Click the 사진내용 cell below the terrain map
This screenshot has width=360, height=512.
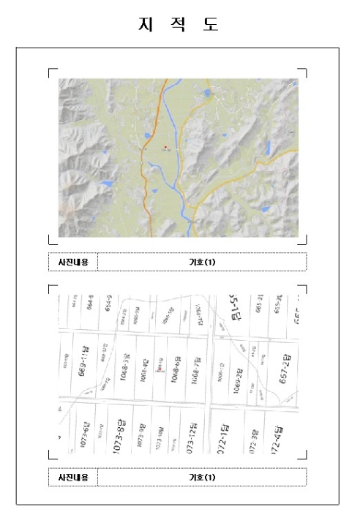pos(72,261)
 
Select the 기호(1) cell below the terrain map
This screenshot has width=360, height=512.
pos(202,261)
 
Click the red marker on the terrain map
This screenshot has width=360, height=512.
pos(166,146)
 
